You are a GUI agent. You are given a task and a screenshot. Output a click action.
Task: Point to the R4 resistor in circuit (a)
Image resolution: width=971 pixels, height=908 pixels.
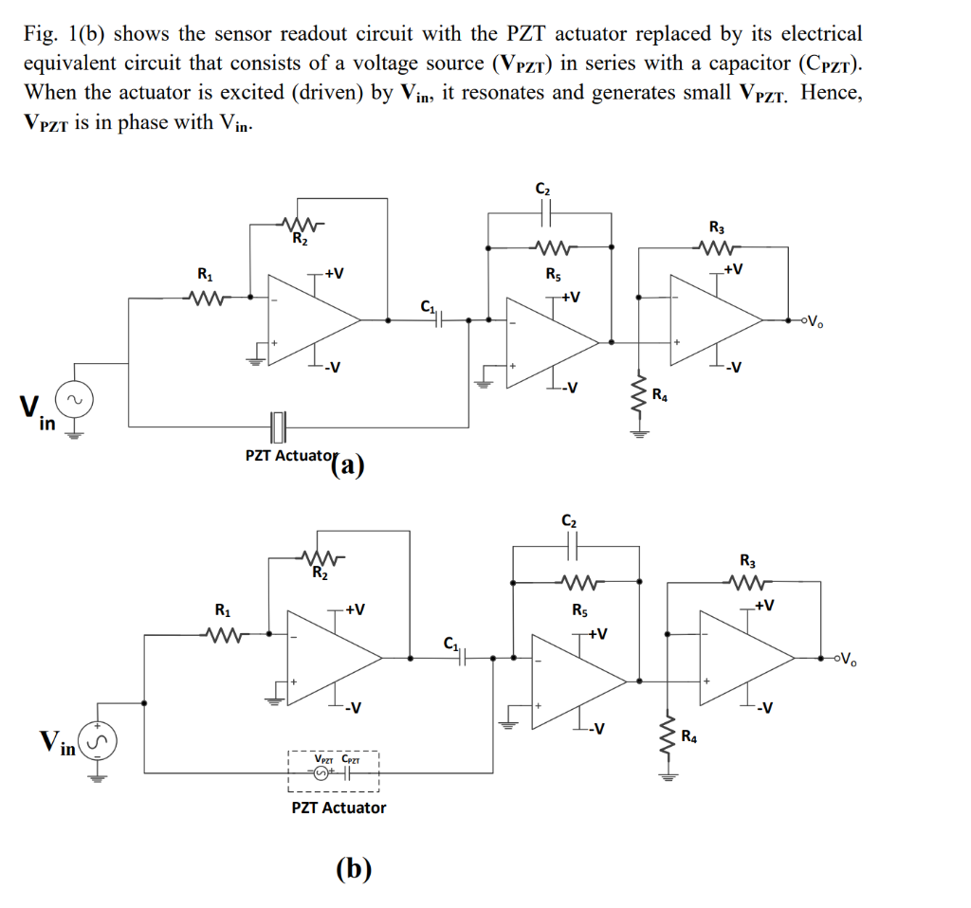point(639,397)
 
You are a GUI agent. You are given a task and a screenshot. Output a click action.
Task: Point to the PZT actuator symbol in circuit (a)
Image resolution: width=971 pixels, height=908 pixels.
point(277,427)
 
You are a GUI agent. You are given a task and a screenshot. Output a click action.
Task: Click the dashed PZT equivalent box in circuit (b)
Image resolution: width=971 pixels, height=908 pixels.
point(334,772)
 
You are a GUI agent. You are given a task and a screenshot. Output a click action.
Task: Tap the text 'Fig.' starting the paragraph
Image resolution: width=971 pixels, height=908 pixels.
point(41,34)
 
